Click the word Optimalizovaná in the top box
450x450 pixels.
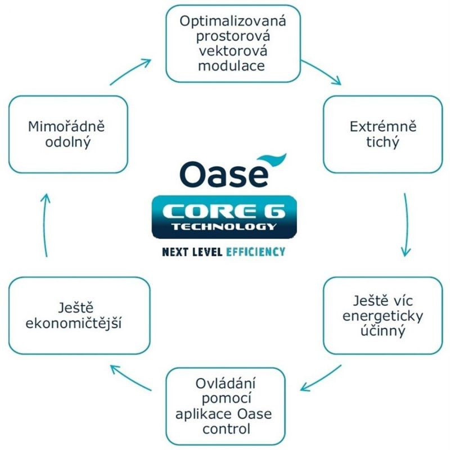point(233,22)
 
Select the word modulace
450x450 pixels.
point(233,65)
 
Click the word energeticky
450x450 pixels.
point(383,316)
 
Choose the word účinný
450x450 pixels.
point(383,331)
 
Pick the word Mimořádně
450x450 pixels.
point(66,126)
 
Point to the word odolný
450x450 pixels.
point(66,142)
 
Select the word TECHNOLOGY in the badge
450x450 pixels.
point(224,227)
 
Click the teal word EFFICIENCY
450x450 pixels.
point(255,251)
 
